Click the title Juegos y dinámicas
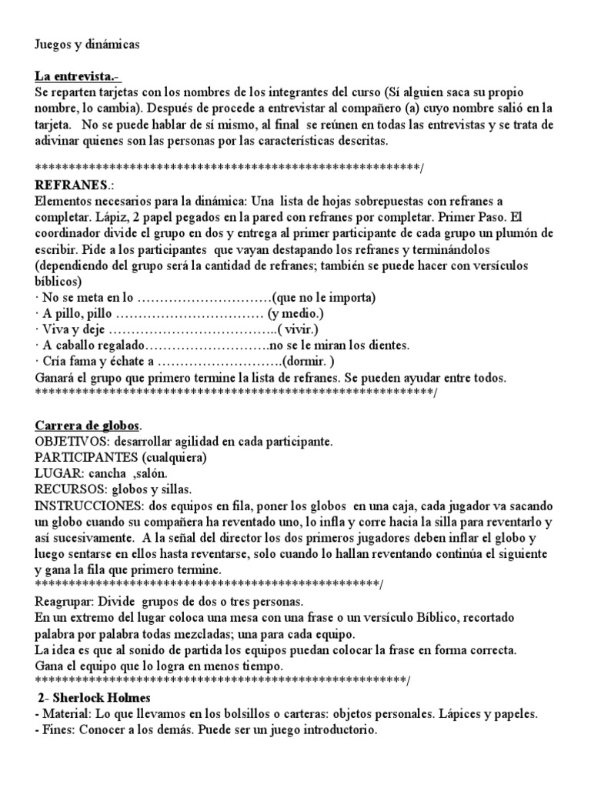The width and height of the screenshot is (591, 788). click(x=88, y=45)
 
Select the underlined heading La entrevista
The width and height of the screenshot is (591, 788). click(x=78, y=78)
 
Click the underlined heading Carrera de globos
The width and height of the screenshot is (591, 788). click(x=88, y=426)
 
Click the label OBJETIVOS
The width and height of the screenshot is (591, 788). click(x=69, y=442)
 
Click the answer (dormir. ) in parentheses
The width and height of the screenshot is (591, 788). click(x=309, y=362)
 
